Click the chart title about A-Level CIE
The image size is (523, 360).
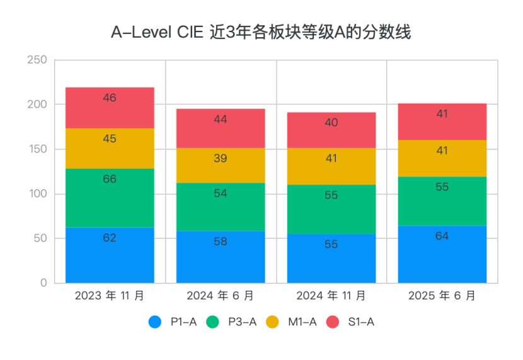point(261,32)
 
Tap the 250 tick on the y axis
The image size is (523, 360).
point(37,60)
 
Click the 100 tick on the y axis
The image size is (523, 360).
point(37,194)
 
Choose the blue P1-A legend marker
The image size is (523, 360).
point(155,322)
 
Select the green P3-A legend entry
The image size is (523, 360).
point(233,322)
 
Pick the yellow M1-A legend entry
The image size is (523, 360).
point(292,322)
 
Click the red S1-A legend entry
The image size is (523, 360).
point(351,322)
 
